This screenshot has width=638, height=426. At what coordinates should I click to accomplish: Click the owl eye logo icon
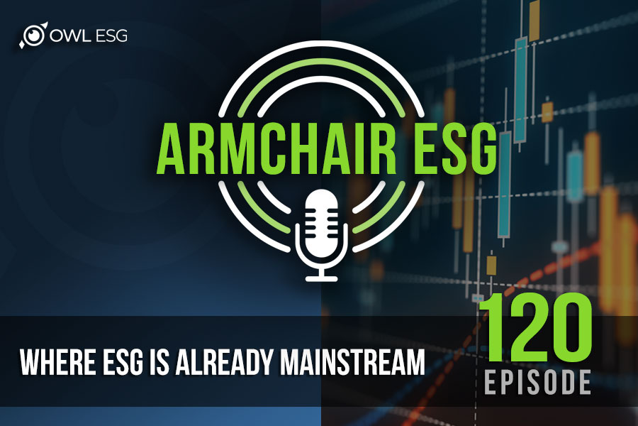pyautogui.click(x=33, y=35)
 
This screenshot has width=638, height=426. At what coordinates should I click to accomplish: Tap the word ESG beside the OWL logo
pyautogui.click(x=111, y=36)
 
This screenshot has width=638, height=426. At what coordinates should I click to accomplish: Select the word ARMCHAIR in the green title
pyautogui.click(x=276, y=148)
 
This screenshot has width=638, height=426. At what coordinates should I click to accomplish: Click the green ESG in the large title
pyautogui.click(x=457, y=148)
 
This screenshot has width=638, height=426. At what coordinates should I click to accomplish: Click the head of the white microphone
pyautogui.click(x=321, y=219)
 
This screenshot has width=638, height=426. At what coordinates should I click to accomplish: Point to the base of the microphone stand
pyautogui.click(x=321, y=278)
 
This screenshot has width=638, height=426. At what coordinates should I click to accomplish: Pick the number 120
pyautogui.click(x=537, y=327)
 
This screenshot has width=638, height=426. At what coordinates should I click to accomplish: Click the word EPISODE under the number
pyautogui.click(x=537, y=383)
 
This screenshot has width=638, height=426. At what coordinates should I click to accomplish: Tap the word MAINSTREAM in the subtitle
pyautogui.click(x=352, y=362)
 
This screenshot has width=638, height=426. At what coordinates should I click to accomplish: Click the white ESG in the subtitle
pyautogui.click(x=123, y=362)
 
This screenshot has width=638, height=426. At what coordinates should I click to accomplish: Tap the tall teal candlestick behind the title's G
pyautogui.click(x=505, y=185)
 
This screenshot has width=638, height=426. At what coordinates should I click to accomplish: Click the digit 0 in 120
pyautogui.click(x=570, y=327)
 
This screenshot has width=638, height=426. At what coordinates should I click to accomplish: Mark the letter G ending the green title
pyautogui.click(x=483, y=148)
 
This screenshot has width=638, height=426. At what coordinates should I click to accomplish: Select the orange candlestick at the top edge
pyautogui.click(x=535, y=21)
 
